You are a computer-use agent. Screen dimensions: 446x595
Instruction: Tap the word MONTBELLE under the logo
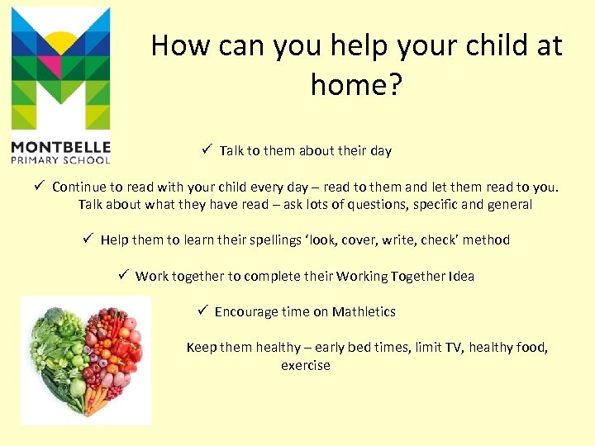(60, 147)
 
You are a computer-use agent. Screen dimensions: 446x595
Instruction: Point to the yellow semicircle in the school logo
(60, 40)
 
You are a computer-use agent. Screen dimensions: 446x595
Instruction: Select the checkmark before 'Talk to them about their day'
(207, 149)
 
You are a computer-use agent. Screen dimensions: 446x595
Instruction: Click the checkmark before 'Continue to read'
(38, 186)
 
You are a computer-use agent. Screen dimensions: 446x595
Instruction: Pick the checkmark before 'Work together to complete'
(122, 275)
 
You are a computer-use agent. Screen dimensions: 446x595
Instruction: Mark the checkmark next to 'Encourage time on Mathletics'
(202, 311)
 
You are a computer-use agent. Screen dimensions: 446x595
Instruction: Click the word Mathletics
(364, 311)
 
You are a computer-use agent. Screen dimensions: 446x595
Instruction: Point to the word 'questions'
(402, 204)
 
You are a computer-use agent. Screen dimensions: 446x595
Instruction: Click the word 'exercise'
(305, 365)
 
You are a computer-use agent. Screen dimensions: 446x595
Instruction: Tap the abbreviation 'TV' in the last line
(454, 347)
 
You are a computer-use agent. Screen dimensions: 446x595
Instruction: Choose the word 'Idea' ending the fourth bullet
(461, 276)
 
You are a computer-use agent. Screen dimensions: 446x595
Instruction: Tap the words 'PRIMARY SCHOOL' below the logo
(60, 159)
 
